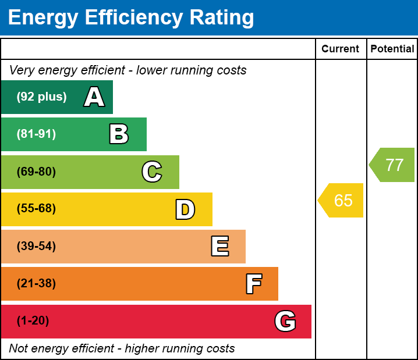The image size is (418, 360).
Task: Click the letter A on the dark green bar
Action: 94,97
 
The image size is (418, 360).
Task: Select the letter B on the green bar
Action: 119,134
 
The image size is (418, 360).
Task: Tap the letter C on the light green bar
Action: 152,172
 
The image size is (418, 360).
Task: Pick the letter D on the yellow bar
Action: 185,209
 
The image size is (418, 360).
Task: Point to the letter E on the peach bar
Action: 219,247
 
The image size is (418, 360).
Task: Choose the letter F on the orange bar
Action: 253,284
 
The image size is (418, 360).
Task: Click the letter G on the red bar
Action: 285,321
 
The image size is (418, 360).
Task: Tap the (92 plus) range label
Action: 41,97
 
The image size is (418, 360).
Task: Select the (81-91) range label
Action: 36,134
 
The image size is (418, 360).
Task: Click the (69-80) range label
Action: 36,172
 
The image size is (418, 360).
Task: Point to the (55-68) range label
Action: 36,209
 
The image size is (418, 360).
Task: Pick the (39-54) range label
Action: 36,247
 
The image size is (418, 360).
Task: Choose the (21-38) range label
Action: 36,284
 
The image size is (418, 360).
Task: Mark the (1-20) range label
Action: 33,321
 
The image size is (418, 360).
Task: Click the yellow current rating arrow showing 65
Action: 342,201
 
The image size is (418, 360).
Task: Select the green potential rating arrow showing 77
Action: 393,165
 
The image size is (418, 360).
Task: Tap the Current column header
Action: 341,49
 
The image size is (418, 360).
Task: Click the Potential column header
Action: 392,49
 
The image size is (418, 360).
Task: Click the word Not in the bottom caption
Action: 18,349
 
